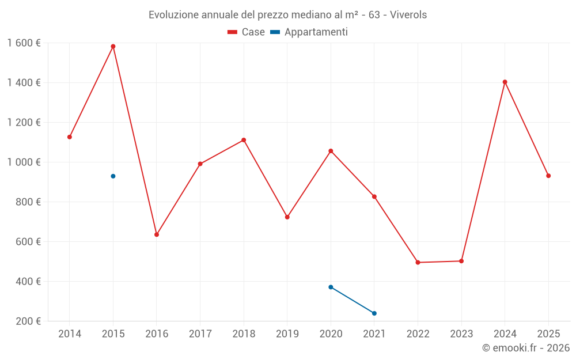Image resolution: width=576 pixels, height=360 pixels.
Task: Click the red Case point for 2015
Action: [113, 47]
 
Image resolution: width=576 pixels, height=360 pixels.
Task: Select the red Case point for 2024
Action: [505, 82]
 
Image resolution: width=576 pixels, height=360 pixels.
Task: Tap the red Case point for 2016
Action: [157, 234]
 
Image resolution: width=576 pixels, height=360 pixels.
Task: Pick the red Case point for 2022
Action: [418, 263]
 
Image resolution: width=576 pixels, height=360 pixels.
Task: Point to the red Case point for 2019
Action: [287, 217]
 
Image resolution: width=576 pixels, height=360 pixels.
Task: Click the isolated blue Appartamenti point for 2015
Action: [113, 176]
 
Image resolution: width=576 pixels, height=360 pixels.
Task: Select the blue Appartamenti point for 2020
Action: [331, 287]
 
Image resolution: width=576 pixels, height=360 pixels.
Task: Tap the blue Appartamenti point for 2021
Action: [374, 313]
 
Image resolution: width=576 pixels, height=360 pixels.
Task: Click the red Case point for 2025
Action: [548, 176]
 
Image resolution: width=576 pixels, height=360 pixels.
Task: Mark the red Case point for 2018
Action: [244, 140]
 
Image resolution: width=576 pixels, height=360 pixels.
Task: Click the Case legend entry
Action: [247, 32]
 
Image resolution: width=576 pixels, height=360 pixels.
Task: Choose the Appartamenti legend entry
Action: [309, 32]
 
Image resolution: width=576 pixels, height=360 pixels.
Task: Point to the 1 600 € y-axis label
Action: [24, 43]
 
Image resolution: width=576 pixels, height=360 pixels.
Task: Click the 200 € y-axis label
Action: [29, 321]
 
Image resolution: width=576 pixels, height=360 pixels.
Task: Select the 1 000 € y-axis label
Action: [24, 162]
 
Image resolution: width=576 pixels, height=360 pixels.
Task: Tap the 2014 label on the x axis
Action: [70, 334]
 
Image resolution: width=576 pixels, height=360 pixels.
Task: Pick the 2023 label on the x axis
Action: [461, 334]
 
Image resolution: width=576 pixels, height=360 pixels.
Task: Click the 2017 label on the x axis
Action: [200, 334]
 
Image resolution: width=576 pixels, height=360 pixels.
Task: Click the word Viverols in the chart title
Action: [408, 15]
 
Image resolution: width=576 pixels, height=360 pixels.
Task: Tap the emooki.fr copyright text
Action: [526, 348]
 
